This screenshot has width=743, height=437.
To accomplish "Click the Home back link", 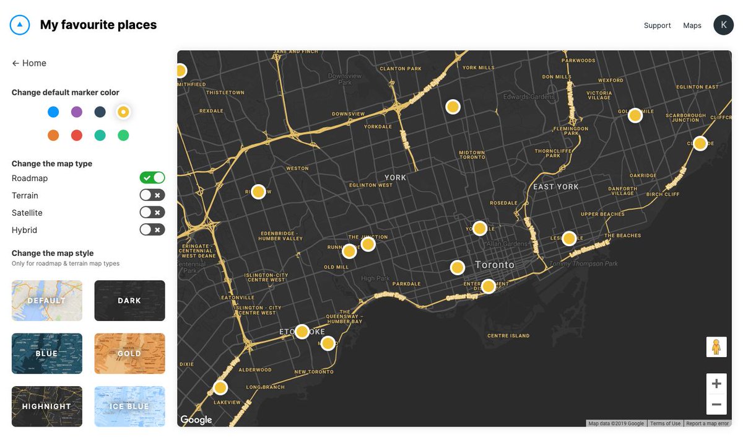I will tap(29, 63).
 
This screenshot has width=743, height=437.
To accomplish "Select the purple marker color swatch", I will tap(77, 112).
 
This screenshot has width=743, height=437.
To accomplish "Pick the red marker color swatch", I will tap(77, 135).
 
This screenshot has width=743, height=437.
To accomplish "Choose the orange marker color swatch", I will tap(53, 135).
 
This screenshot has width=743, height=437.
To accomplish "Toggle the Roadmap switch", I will tap(152, 178).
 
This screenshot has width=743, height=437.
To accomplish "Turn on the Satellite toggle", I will tap(152, 213).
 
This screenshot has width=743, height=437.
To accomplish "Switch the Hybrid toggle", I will tap(152, 230).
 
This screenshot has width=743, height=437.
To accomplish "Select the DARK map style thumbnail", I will tap(129, 301).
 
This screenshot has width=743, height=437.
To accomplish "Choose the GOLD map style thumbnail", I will tap(129, 353).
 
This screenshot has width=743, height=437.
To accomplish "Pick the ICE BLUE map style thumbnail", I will tap(129, 407).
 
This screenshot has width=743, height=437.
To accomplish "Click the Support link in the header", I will tap(657, 25).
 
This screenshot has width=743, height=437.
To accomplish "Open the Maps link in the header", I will tap(692, 25).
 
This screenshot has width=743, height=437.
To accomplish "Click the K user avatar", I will tap(723, 25).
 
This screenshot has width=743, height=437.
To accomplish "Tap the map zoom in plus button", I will tap(716, 384).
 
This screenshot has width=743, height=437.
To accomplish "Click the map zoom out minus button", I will tap(716, 404).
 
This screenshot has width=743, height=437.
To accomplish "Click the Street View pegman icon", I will tap(716, 347).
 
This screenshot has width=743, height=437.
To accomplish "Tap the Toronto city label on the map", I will tap(494, 265).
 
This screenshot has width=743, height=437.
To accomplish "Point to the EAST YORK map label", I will tap(555, 187).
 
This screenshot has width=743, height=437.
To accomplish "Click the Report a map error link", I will tap(707, 423).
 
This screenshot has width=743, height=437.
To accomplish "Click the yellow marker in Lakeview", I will tap(220, 388).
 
